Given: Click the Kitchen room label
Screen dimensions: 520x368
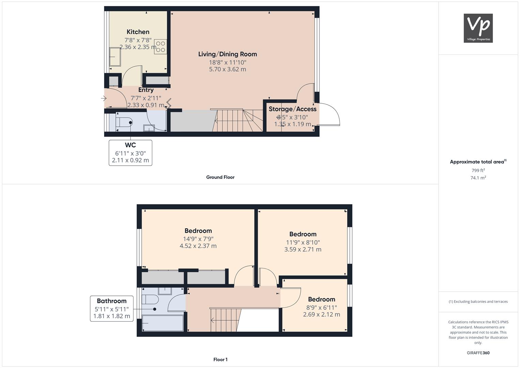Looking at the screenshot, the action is pyautogui.click(x=138, y=32).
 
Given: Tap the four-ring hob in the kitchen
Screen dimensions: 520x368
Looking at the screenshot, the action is pyautogui.click(x=160, y=47).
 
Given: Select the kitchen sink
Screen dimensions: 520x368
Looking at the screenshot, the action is pyautogui.click(x=115, y=57).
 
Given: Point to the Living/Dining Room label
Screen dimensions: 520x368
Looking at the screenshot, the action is pyautogui.click(x=227, y=54).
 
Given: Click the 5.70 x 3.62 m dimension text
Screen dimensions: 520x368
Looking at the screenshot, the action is pyautogui.click(x=227, y=69).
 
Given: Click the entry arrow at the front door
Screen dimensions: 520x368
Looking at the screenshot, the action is pyautogui.click(x=104, y=98).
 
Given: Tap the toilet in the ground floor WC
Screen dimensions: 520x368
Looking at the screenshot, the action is pyautogui.click(x=124, y=122).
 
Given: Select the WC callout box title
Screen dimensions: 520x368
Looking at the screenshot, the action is pyautogui.click(x=130, y=145).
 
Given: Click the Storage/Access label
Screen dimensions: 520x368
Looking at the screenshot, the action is pyautogui.click(x=293, y=109).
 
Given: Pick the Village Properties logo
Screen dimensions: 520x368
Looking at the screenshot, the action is pyautogui.click(x=478, y=28).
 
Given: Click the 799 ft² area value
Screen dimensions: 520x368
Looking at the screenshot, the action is pyautogui.click(x=478, y=170).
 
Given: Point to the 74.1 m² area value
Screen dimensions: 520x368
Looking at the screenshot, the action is pyautogui.click(x=478, y=178).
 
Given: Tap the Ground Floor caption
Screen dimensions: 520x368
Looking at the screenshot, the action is pyautogui.click(x=220, y=177).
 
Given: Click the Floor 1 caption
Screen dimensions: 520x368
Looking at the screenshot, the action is pyautogui.click(x=220, y=359).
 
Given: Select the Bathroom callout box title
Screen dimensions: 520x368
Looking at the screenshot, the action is pyautogui.click(x=112, y=301).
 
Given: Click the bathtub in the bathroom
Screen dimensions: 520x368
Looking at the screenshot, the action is pyautogui.click(x=163, y=323).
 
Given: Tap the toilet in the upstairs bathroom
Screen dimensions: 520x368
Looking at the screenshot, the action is pyautogui.click(x=150, y=299).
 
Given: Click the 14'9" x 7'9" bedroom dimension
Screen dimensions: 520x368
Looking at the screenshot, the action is pyautogui.click(x=198, y=239).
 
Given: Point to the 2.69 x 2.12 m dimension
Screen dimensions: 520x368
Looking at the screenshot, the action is pyautogui.click(x=321, y=315).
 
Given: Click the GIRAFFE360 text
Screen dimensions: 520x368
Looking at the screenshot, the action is pyautogui.click(x=478, y=353).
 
